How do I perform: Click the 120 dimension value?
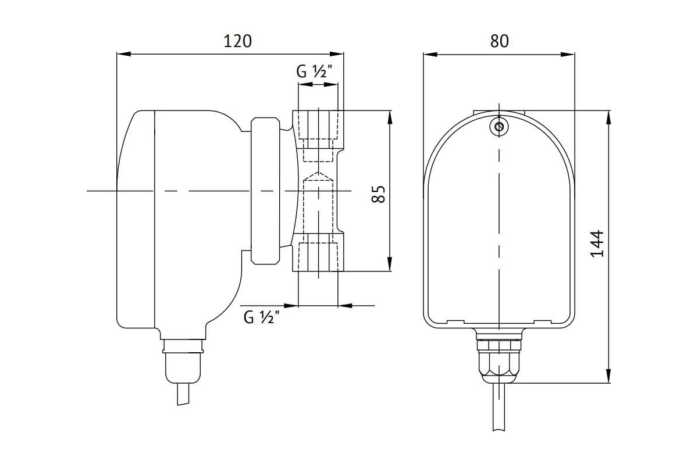pyautogui.click(x=237, y=41)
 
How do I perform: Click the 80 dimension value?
pyautogui.click(x=499, y=41)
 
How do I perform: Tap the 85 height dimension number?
pyautogui.click(x=379, y=194)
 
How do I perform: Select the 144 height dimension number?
pyautogui.click(x=597, y=244)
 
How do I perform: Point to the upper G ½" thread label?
pyautogui.click(x=315, y=71)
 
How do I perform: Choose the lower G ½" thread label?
pyautogui.click(x=262, y=317)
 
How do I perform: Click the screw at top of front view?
pyautogui.click(x=499, y=127)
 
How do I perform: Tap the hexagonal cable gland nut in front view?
pyautogui.click(x=499, y=362)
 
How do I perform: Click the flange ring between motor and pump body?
pyautogui.click(x=265, y=191)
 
